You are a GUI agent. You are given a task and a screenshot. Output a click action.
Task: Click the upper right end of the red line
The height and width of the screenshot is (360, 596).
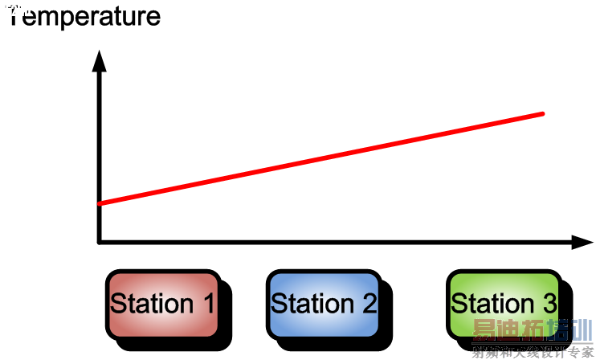coord(542,114)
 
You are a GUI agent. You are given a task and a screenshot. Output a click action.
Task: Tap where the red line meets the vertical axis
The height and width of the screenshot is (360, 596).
coord(100,203)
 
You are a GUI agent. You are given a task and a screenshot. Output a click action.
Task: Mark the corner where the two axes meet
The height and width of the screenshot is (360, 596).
coord(100,242)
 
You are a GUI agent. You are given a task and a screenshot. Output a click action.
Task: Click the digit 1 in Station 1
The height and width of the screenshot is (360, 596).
coord(207,304)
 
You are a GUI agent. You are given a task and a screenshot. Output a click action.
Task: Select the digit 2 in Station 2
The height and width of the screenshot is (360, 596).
coord(369,304)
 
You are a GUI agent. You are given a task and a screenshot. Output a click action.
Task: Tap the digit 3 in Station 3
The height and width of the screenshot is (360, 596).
coord(549,304)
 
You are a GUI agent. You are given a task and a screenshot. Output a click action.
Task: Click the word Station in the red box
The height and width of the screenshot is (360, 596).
coord(152,304)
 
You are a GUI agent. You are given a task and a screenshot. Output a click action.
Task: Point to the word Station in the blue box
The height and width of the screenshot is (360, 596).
coord(312,304)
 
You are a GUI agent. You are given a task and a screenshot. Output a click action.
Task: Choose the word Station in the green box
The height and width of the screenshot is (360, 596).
coord(492,304)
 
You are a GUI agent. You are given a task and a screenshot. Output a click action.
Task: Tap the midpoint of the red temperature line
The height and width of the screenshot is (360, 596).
coord(321,158)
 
